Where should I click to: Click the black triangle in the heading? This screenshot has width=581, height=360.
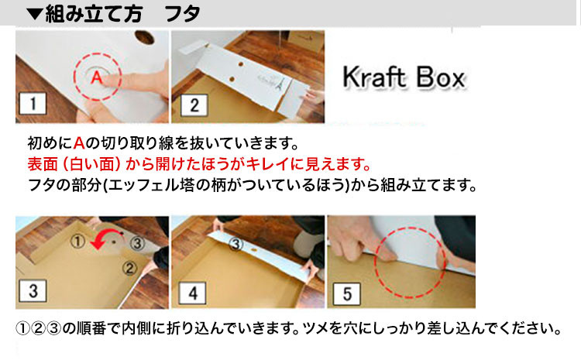coord(35,14)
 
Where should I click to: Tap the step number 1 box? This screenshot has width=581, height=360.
coord(33,104)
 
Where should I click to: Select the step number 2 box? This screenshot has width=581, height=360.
coord(194,105)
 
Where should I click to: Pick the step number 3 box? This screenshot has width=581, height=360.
coord(33,291)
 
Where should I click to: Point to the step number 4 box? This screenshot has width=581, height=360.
coord(193,293)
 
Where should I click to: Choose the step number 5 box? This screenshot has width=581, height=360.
coord(347,294)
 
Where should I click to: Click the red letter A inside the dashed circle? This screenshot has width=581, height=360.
coord(97,77)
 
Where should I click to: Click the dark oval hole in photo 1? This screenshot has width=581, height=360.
coord(145,37)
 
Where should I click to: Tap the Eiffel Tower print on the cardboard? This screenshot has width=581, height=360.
coord(278,83)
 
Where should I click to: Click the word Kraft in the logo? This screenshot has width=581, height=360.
coord(373,77)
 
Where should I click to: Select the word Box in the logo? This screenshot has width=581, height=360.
coord(440,77)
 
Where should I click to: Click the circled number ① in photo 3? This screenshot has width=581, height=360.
coord(77,241)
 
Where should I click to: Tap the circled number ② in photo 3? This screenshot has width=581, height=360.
coord(129,268)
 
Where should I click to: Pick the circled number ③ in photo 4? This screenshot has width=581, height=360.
coord(235,244)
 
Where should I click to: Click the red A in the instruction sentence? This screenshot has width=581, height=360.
coord(79,143)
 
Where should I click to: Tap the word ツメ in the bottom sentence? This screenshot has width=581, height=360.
coord(317,328)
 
